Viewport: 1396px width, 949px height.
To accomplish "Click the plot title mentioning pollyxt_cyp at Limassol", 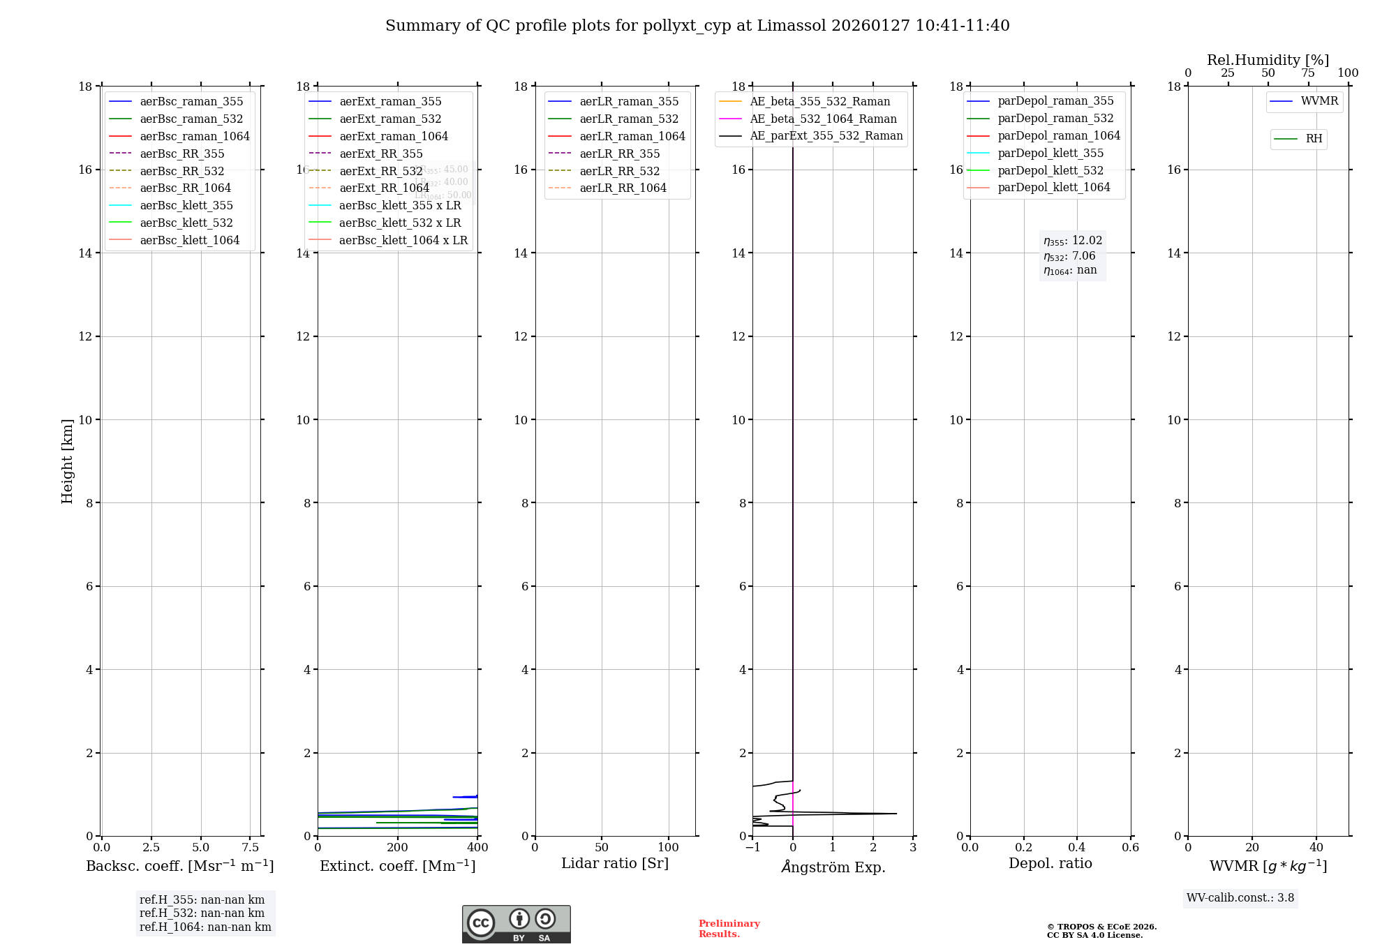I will (x=697, y=26).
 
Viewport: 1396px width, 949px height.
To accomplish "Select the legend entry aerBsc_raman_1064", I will (x=194, y=136).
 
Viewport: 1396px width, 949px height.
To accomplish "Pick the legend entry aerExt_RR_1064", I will (x=384, y=188).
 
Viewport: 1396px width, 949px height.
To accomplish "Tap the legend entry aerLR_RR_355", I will (x=619, y=154).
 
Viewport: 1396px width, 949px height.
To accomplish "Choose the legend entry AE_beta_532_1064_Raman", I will (x=823, y=119).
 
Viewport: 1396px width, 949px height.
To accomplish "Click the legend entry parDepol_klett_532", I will (x=1050, y=170).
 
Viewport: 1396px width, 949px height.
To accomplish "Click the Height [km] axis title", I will (x=67, y=461).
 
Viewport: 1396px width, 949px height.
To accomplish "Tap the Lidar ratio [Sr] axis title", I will (x=615, y=864).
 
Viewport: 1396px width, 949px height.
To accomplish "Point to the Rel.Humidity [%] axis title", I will (x=1268, y=60).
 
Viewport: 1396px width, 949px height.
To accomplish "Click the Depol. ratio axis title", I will (x=1050, y=864).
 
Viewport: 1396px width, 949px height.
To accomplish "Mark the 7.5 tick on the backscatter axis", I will (x=251, y=848).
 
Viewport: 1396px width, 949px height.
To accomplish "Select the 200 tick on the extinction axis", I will (x=398, y=848).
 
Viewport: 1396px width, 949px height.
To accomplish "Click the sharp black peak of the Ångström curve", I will (x=896, y=814).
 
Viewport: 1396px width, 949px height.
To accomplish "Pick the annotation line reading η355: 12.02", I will (x=1073, y=241).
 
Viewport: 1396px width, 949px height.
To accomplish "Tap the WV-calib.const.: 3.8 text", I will (x=1240, y=898).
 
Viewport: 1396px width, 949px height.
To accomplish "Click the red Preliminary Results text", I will (x=729, y=929).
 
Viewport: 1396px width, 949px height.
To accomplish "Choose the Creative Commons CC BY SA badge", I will (x=516, y=924).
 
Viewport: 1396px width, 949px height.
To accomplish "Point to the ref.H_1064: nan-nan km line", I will (x=205, y=927).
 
